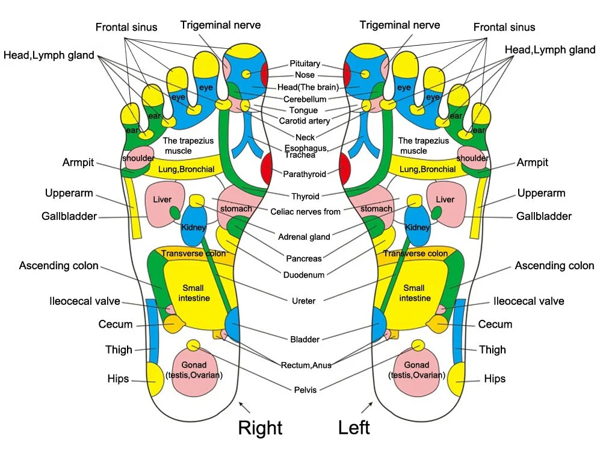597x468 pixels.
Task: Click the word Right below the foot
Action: pos(260,427)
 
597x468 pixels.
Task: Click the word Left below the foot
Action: pos(354,427)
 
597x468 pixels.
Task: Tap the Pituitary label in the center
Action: pos(305,64)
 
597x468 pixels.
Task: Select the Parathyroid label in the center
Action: pos(305,174)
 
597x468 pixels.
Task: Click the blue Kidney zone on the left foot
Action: pos(417,225)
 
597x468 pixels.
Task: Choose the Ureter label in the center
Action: pos(303,301)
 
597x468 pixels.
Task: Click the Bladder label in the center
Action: pos(305,339)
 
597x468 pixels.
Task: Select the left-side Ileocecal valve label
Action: pos(84,301)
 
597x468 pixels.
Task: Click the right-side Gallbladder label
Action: pos(543,216)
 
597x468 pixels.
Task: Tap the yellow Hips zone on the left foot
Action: pos(457,379)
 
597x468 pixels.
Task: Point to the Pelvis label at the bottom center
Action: pos(305,390)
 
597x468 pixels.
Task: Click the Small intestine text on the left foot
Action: pos(415,293)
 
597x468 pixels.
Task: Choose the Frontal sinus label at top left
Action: pos(126,27)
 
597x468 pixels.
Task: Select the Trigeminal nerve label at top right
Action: pos(400,25)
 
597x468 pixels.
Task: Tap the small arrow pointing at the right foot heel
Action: pos(244,407)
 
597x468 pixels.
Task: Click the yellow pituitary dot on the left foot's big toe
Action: pos(365,74)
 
